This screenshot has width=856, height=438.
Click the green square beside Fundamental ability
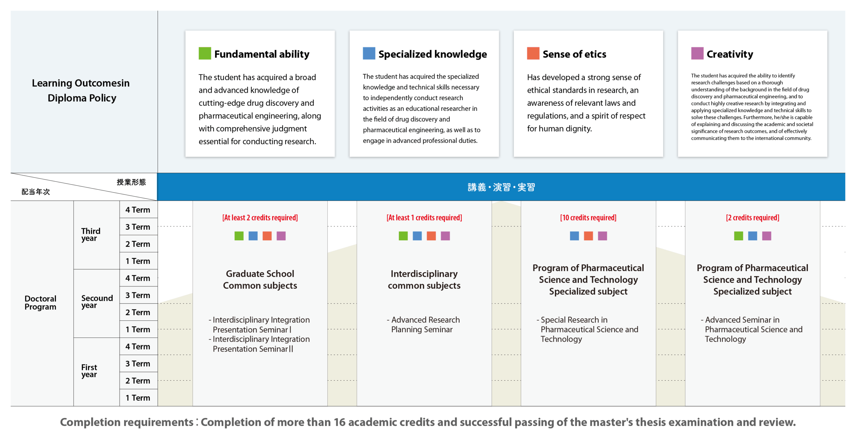[x=205, y=53]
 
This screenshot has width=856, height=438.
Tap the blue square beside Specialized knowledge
[x=369, y=53]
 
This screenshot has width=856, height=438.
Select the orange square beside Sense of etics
[x=533, y=53]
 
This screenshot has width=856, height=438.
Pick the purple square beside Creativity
[x=697, y=53]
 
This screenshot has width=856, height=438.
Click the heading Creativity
[x=730, y=54]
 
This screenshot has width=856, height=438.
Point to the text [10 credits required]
[x=588, y=218]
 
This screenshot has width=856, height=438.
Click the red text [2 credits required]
[x=752, y=218]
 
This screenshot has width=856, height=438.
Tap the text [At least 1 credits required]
[x=424, y=218]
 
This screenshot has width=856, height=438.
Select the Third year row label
[x=91, y=235]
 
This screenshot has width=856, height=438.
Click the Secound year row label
[x=97, y=301]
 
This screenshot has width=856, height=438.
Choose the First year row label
[x=89, y=371]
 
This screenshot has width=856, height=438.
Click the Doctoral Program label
[x=40, y=302]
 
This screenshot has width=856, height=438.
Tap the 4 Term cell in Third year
[x=138, y=210]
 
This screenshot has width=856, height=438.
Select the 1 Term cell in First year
[x=138, y=398]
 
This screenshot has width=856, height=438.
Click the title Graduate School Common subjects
[x=260, y=279]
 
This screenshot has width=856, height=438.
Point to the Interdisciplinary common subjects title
[x=424, y=279]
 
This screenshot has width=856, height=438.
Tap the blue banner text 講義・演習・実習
[x=501, y=187]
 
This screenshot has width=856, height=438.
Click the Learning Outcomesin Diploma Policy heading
[x=81, y=90]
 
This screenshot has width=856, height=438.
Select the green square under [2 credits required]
[x=738, y=236]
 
